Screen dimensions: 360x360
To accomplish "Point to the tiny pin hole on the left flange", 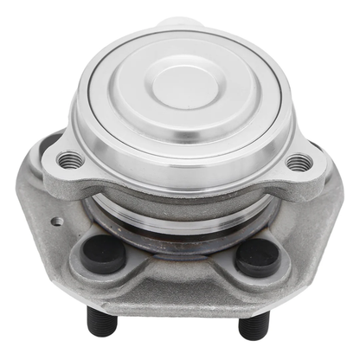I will tap(58, 220).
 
